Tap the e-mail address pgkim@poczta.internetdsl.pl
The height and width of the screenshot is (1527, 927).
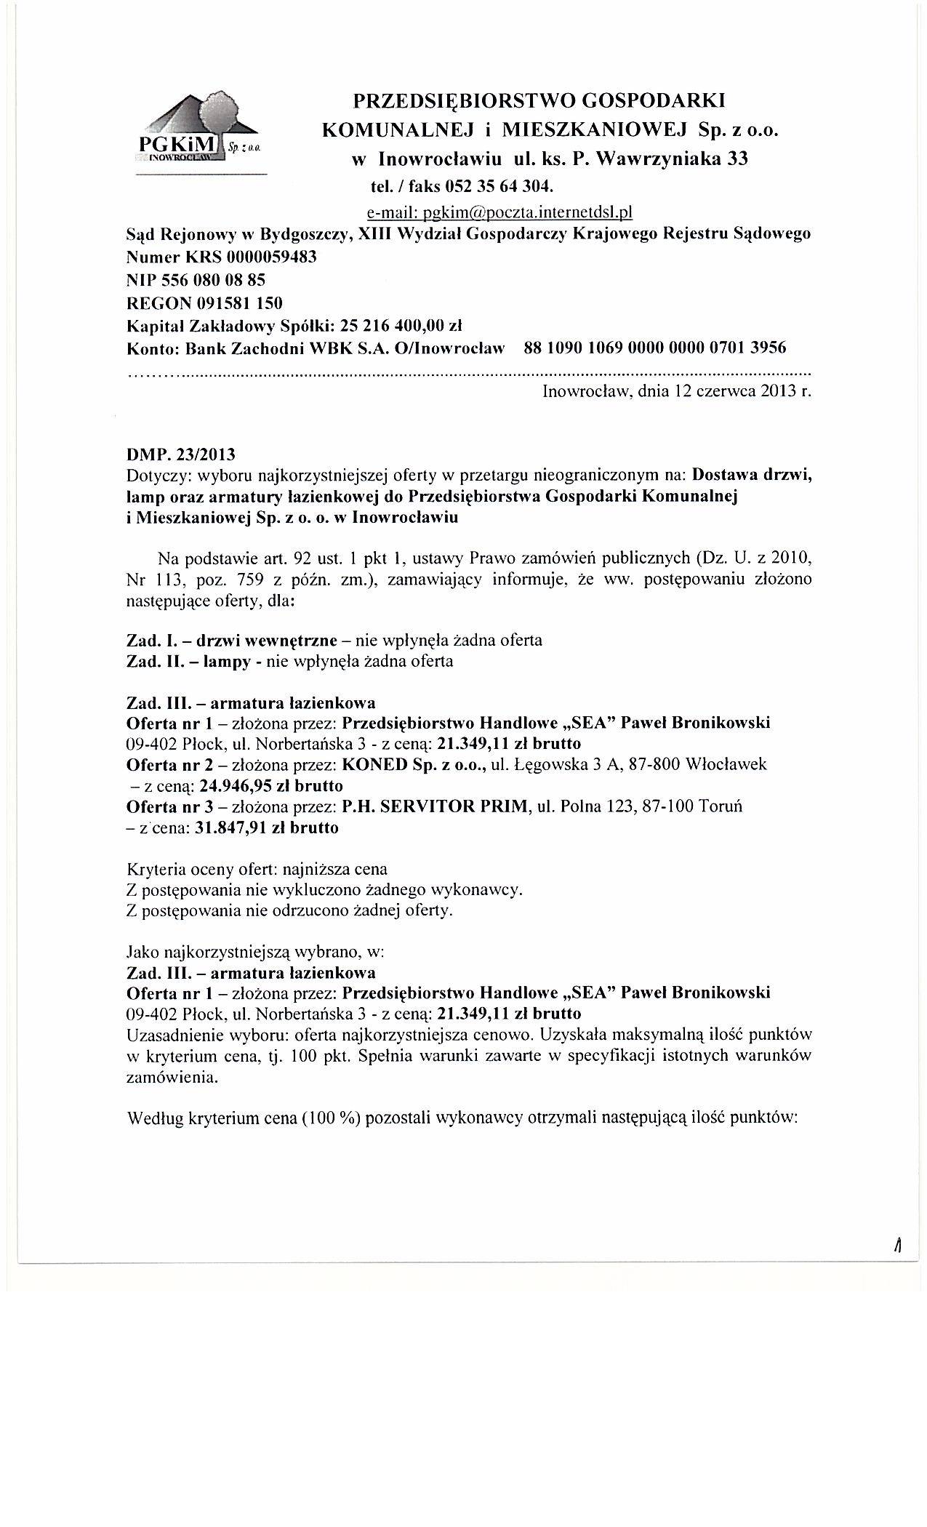point(499,212)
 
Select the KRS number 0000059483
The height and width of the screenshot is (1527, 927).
point(271,257)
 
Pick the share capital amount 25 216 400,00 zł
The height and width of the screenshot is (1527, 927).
point(396,325)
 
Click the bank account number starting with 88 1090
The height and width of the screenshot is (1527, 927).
point(654,348)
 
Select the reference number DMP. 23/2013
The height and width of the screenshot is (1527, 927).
point(181,455)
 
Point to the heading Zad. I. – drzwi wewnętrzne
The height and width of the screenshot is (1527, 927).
point(232,641)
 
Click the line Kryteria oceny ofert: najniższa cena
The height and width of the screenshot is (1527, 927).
point(257,869)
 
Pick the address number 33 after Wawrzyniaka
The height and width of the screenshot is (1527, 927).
point(737,159)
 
